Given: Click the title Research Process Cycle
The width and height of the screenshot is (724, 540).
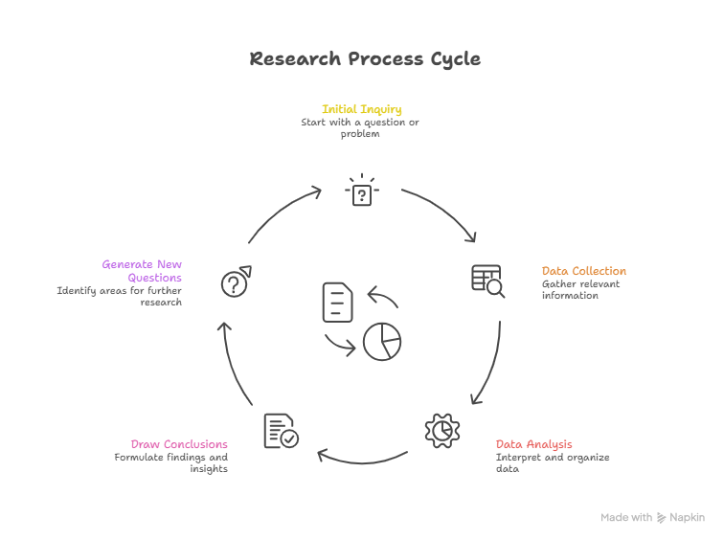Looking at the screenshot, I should coord(365,58).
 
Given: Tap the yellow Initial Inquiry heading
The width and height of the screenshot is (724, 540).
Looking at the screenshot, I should coord(361,109).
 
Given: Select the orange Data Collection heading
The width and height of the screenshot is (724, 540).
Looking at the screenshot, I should coord(583,271).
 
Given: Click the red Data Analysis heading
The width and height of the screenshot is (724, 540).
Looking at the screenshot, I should coord(533,444).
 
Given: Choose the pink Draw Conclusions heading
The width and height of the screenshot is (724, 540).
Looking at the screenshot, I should coord(179,444).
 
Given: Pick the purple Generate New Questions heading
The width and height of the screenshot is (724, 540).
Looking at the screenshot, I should coord(142,271).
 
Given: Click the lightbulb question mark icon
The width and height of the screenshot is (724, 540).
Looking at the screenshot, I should coord(361,191).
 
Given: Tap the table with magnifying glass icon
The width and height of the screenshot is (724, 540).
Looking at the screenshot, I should coord(487,280).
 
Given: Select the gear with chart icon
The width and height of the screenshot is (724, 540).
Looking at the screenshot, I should coord(441,431).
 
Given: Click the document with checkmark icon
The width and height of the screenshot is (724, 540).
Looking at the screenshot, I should coord(281,431).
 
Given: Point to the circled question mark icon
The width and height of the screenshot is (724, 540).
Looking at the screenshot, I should coord(235,281).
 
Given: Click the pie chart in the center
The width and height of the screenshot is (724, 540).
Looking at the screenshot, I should coord(381,341).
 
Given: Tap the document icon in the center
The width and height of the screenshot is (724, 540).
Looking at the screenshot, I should coord(337,302).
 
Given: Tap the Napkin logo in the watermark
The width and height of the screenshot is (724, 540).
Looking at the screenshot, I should coord(662,518).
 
